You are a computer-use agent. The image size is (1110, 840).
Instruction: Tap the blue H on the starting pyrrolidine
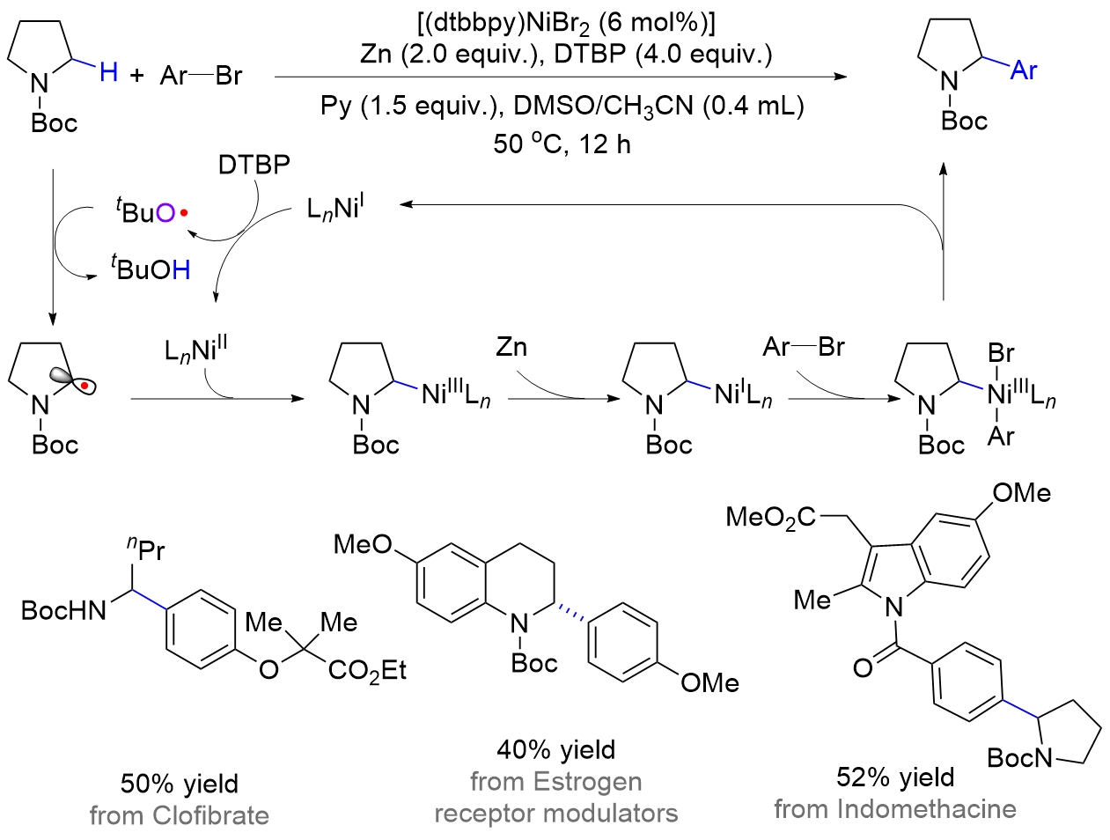click(x=108, y=71)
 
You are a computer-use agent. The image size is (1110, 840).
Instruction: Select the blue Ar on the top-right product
click(x=1024, y=70)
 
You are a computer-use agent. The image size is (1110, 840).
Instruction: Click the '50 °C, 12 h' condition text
click(x=562, y=144)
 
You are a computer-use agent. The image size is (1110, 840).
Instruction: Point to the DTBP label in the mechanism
click(x=254, y=164)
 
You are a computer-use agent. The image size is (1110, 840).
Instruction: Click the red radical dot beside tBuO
click(x=184, y=213)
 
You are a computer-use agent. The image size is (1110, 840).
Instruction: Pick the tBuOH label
click(x=151, y=269)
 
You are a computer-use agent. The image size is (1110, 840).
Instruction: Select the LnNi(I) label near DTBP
click(x=335, y=209)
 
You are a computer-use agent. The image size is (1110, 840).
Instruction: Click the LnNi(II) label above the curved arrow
click(x=195, y=350)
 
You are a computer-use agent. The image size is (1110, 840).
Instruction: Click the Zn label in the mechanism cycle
click(x=511, y=347)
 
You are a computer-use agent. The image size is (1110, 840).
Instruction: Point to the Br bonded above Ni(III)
click(x=1001, y=353)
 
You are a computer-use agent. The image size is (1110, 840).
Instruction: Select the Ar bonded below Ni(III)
click(x=1001, y=436)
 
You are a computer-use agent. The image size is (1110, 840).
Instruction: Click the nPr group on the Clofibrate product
click(x=146, y=549)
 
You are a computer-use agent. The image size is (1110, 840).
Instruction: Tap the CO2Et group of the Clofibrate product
click(x=367, y=671)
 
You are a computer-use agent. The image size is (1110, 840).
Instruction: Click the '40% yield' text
click(x=555, y=749)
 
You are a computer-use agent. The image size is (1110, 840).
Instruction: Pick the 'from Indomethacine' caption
click(x=894, y=808)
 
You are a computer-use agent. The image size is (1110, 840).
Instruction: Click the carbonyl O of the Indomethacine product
click(x=863, y=667)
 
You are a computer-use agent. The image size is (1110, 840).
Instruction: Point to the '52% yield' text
click(x=894, y=777)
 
